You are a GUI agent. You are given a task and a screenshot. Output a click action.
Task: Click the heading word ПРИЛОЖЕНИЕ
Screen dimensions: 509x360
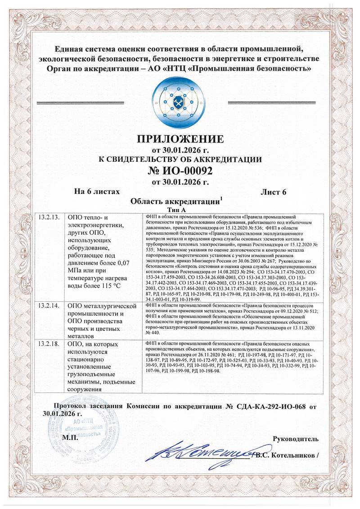click(180, 138)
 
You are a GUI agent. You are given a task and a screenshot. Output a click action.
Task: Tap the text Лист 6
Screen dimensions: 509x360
click(274, 192)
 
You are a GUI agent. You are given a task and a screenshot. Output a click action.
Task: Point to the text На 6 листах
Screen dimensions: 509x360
click(96, 192)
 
